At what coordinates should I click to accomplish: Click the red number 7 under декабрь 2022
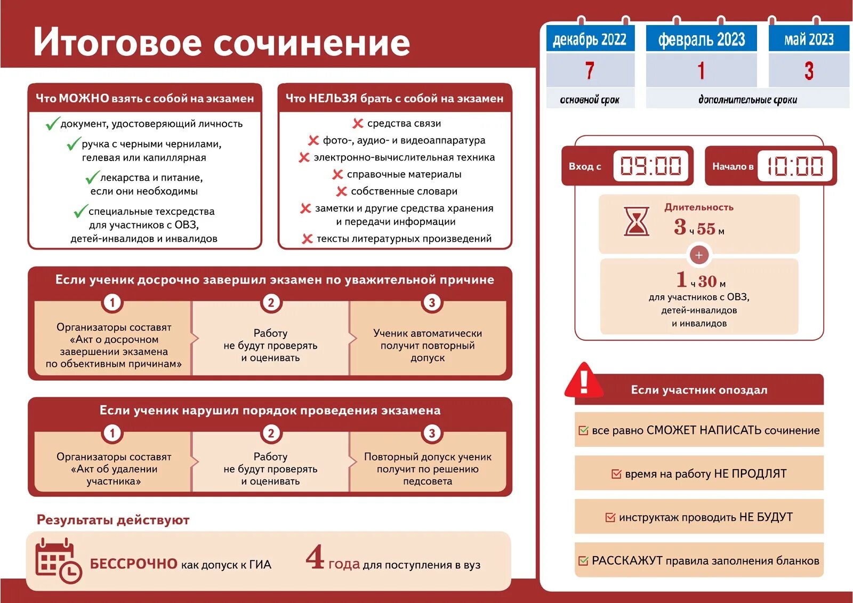point(589,70)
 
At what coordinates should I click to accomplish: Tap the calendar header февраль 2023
point(701,39)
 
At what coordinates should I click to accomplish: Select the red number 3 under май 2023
point(809,70)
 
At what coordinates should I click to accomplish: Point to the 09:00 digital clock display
point(651,166)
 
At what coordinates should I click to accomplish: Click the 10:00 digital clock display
point(795,166)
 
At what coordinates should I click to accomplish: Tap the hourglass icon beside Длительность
point(637,221)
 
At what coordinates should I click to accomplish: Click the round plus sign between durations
point(699,255)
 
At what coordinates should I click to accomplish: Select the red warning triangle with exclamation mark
point(584,381)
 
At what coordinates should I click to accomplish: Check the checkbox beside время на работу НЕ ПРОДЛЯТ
point(616,474)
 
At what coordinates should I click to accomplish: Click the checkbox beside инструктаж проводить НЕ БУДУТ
point(610,517)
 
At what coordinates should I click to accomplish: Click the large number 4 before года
point(315,557)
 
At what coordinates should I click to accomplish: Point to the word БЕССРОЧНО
point(133,564)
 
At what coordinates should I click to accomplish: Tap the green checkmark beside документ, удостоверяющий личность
point(52,124)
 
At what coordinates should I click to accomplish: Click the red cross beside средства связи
point(358,124)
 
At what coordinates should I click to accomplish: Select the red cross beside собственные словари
point(341,191)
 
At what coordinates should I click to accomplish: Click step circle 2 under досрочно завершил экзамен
point(271,303)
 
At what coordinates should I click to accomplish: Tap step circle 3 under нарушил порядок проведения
point(432,433)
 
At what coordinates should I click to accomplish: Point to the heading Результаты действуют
point(113,520)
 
